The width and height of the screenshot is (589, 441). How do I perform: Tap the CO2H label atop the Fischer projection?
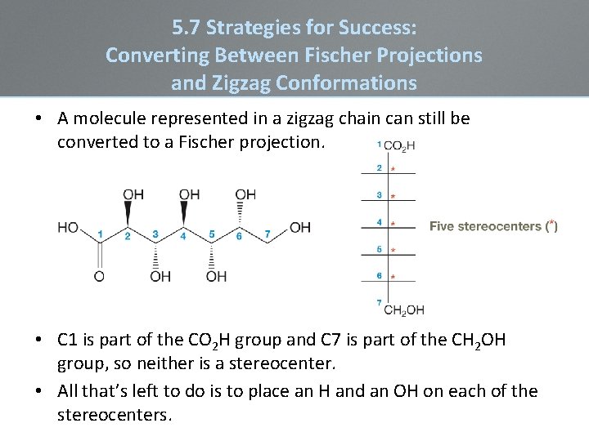[x=399, y=146]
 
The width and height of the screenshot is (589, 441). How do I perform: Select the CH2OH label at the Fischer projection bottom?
[x=404, y=310]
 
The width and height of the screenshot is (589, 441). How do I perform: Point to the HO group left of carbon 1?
[x=68, y=227]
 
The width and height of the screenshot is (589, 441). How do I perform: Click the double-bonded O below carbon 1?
[x=99, y=276]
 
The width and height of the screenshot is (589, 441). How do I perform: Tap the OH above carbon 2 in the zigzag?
[x=133, y=194]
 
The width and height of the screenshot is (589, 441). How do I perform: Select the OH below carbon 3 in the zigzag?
[x=160, y=276]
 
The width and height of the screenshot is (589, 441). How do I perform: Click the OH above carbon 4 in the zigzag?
[x=189, y=194]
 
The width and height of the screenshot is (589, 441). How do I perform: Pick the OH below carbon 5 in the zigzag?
[x=216, y=276]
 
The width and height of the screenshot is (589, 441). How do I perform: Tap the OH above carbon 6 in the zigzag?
[x=245, y=194]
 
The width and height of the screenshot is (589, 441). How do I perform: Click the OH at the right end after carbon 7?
[x=300, y=227]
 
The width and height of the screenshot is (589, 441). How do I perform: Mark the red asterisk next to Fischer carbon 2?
[x=393, y=170]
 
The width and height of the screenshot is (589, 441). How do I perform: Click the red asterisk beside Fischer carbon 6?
[x=393, y=278]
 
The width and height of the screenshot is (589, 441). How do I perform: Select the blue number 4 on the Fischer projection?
[x=379, y=221]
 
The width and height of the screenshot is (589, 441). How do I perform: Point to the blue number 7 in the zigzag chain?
[x=268, y=234]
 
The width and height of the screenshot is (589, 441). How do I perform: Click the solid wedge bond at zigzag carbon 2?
[x=128, y=214]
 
